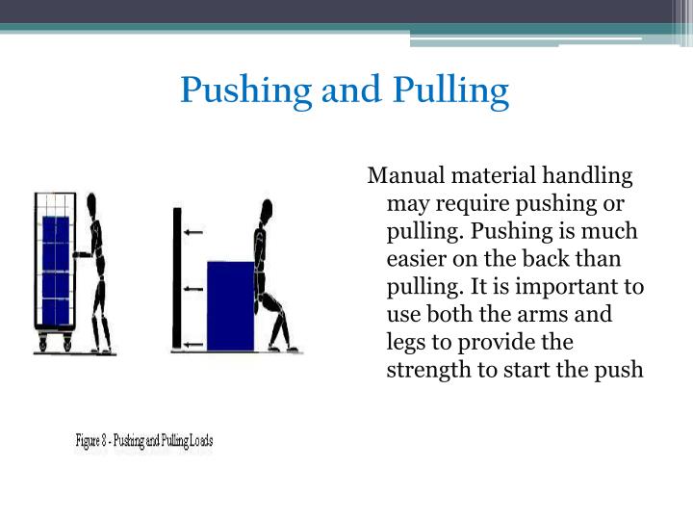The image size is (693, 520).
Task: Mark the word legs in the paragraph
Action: click(x=403, y=343)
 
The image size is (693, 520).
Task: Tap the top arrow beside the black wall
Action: click(x=193, y=232)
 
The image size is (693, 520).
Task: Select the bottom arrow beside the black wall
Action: click(x=193, y=344)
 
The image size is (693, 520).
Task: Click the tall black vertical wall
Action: click(x=176, y=279)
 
